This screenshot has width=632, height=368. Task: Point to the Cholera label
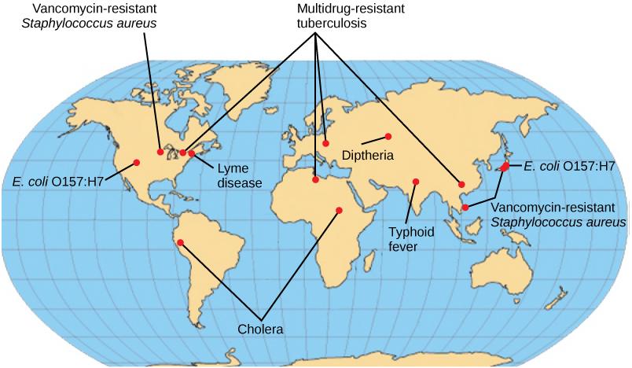tap(260, 328)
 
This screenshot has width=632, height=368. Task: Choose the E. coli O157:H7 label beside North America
tap(58, 182)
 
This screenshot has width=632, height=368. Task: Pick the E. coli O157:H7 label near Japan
tap(568, 166)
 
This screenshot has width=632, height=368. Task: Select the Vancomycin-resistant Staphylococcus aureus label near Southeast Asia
tap(558, 215)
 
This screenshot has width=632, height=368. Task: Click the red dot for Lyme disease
tap(192, 153)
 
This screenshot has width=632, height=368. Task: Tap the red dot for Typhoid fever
tap(416, 182)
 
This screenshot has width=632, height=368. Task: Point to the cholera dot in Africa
tap(339, 210)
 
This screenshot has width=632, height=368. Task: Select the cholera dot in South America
tap(180, 242)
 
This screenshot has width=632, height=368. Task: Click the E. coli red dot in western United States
tap(137, 162)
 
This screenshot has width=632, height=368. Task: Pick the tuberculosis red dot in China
tap(461, 185)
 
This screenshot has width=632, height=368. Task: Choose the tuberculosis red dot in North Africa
tap(315, 180)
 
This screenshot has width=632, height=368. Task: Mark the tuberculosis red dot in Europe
tap(325, 144)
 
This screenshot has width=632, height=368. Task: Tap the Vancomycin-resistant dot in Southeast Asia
tap(465, 207)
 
